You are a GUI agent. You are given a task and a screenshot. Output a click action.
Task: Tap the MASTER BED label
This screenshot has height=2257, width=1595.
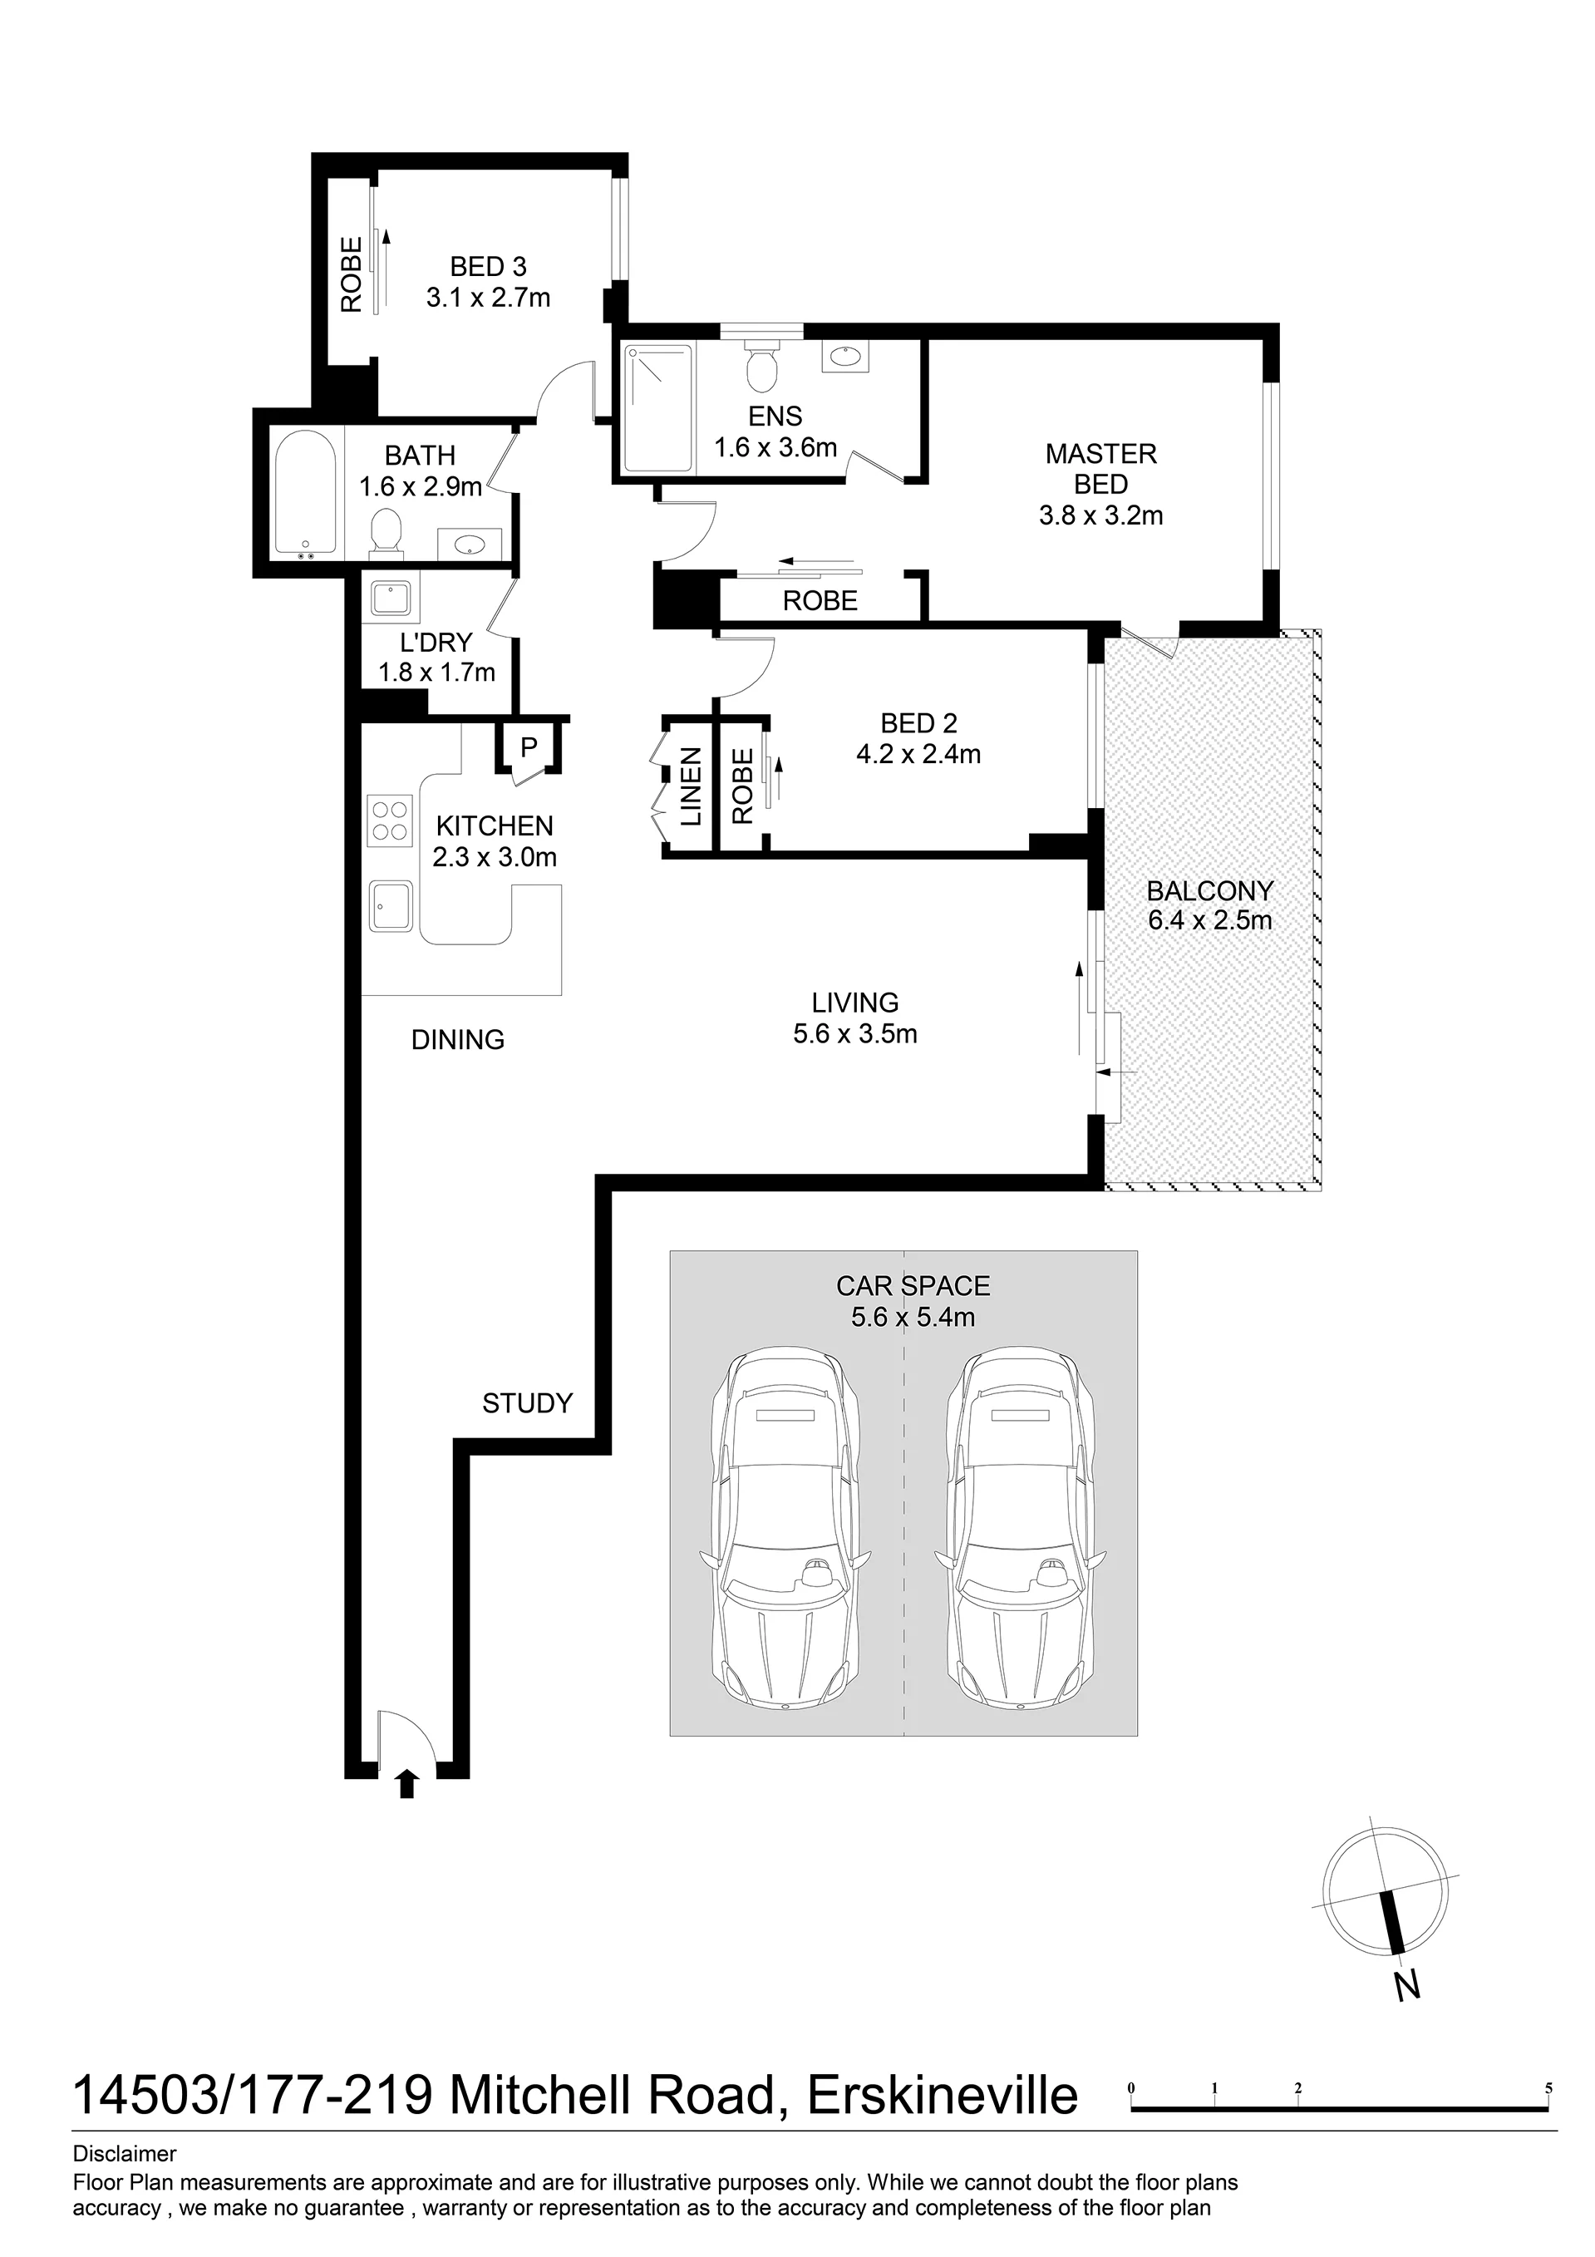(1100, 469)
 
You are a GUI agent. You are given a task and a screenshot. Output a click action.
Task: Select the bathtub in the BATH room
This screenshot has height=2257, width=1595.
(307, 495)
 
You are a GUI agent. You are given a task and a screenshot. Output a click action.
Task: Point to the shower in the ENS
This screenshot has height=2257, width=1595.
(659, 408)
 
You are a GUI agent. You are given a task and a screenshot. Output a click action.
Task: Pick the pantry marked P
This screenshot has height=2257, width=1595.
(529, 747)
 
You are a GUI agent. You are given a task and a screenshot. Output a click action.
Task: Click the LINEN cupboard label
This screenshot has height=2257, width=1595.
(692, 786)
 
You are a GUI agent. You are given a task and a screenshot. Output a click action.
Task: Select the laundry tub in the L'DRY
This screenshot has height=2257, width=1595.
(393, 599)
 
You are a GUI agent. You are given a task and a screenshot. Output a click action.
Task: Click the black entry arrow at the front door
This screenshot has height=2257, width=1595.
(408, 1783)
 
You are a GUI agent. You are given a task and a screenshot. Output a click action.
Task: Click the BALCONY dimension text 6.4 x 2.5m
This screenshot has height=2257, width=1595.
(1210, 921)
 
